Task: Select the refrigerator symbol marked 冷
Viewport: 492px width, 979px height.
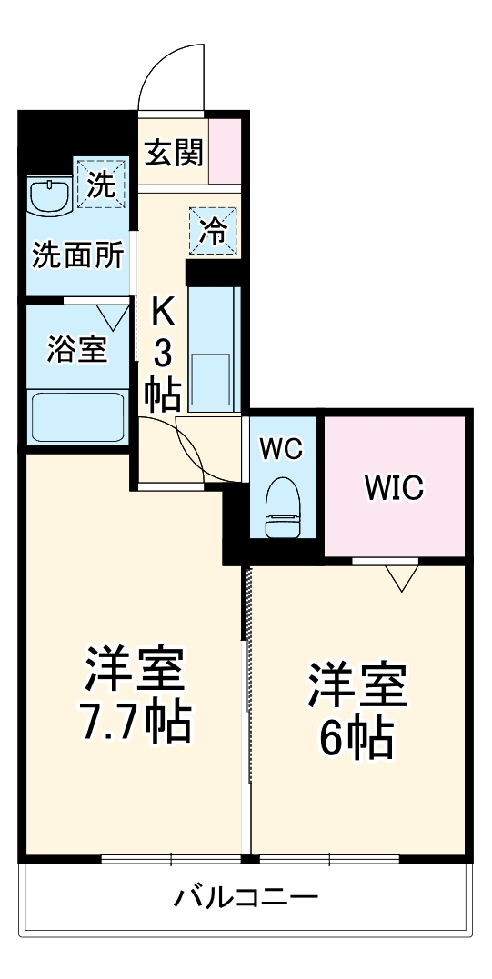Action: (214, 231)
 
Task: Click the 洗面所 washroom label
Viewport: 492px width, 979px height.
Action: (77, 256)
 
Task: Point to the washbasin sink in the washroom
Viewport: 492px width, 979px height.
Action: (49, 195)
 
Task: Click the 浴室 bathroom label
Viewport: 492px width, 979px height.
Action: (76, 348)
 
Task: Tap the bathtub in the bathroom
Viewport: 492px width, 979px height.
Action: (77, 415)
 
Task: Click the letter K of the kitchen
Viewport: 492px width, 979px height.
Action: (162, 313)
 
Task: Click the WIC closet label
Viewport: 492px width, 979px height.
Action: (395, 488)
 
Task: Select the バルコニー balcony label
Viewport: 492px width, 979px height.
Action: (246, 899)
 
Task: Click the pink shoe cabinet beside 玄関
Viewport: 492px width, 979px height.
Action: (227, 150)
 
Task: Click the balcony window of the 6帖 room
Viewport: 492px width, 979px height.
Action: (328, 858)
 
